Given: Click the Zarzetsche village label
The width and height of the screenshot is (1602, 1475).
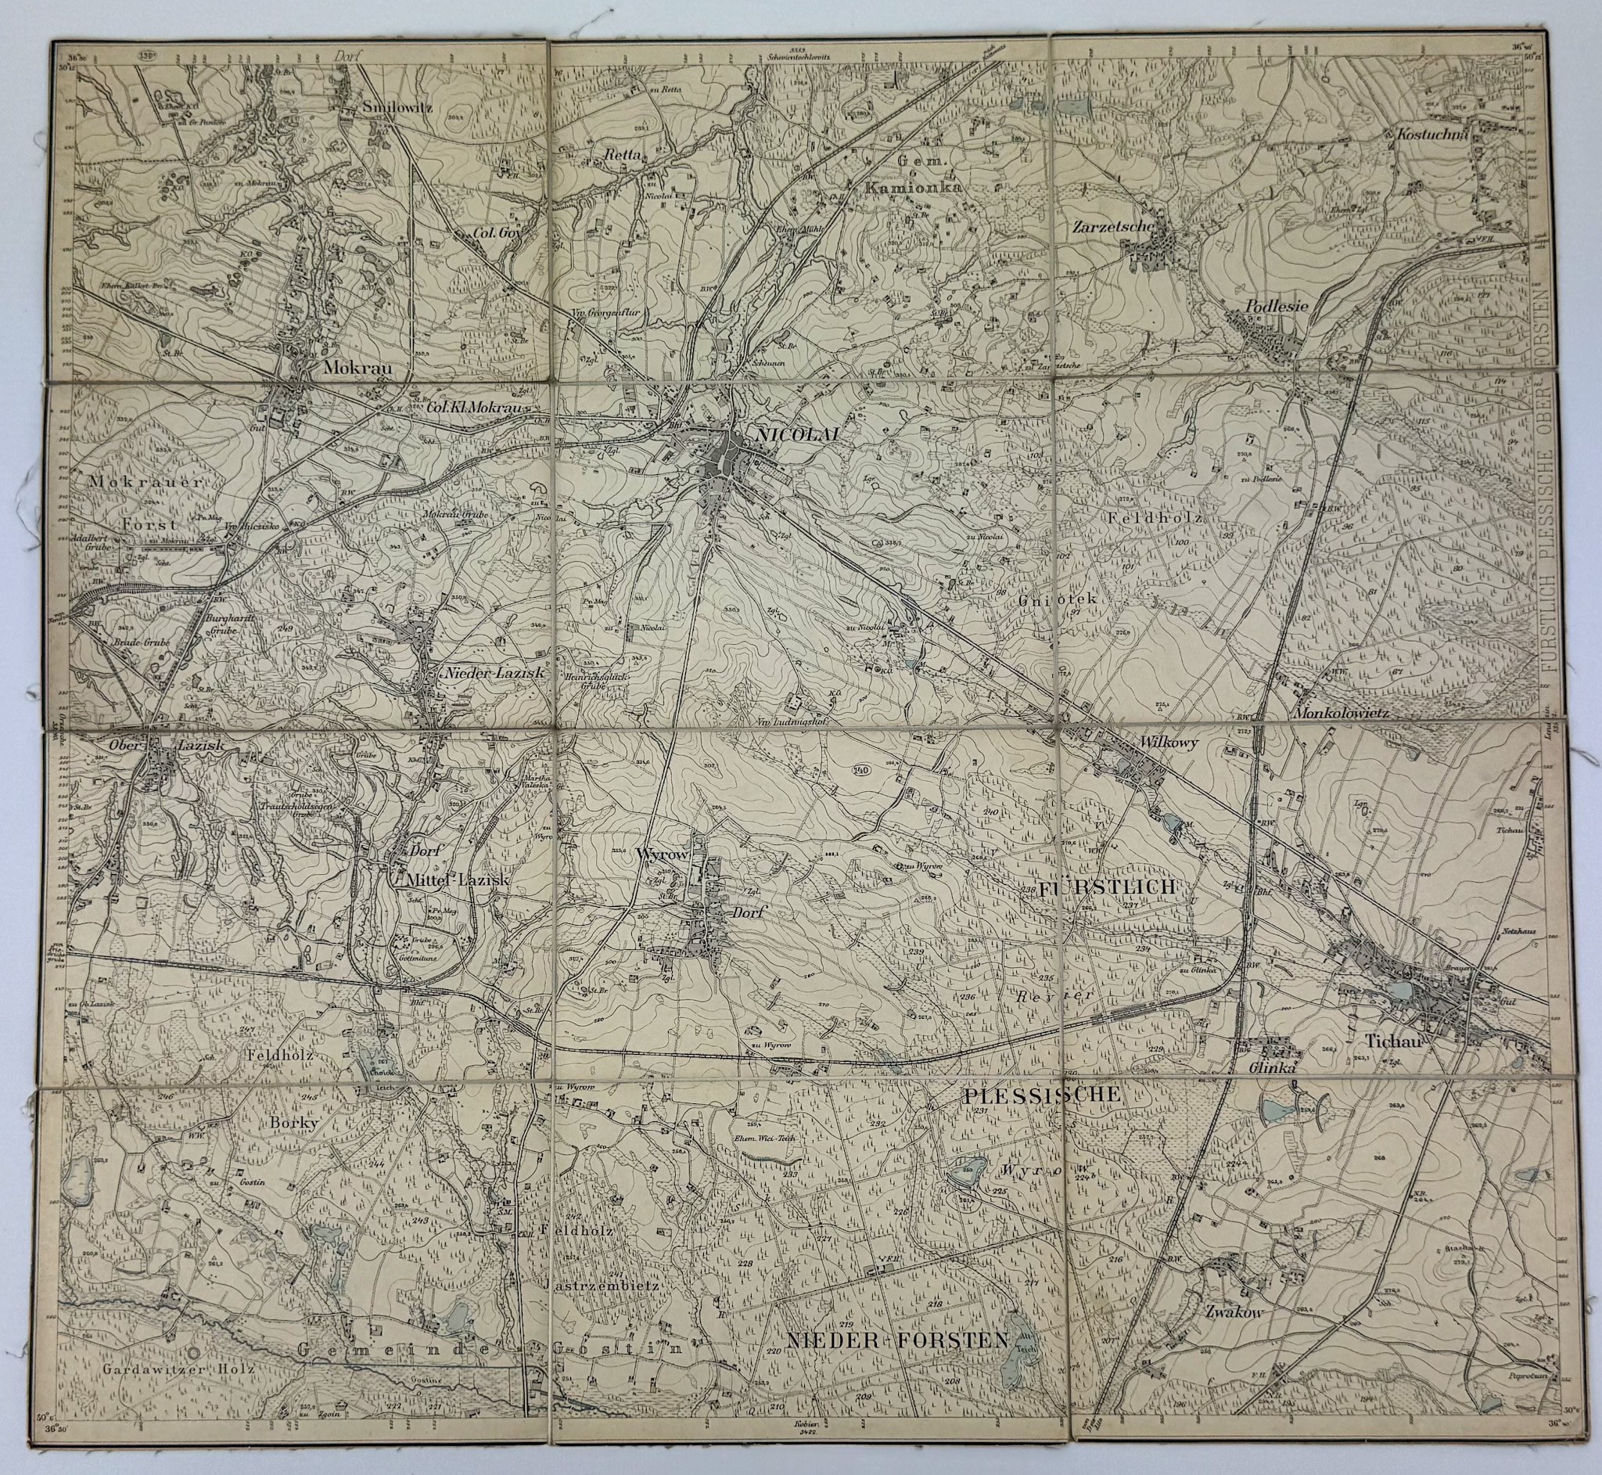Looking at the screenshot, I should click(1113, 226).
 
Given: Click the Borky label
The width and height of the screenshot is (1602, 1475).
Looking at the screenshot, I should click(295, 1122).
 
